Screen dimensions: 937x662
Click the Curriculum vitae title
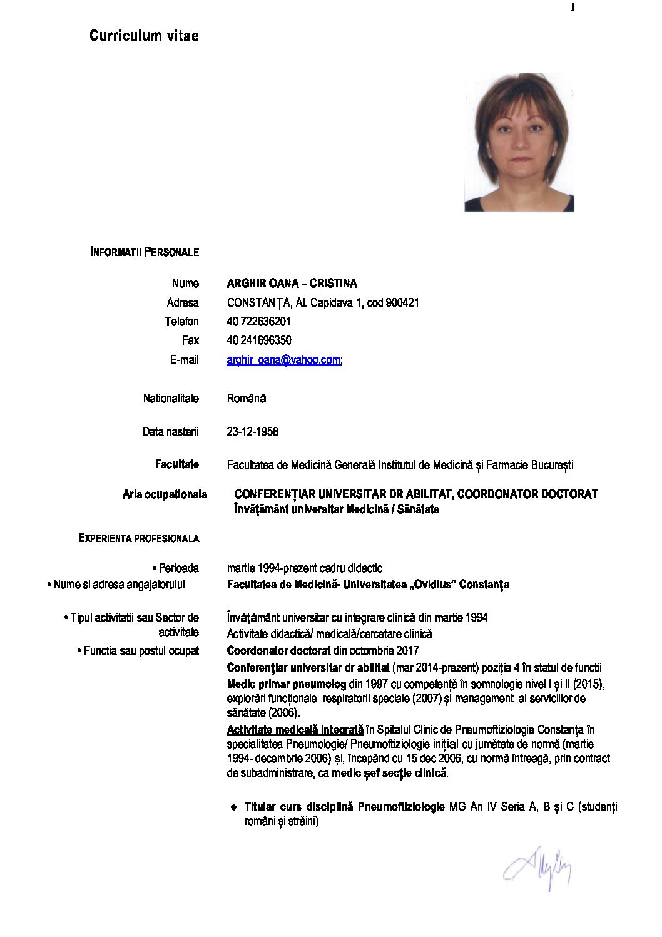[144, 36]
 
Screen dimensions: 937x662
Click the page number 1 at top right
[572, 8]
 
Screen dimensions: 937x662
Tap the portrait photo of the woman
[519, 142]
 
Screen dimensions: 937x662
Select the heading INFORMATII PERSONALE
[145, 252]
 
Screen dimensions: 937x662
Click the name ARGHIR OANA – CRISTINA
[292, 284]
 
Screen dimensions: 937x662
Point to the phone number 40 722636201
[258, 322]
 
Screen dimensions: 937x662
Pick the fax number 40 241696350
[258, 340]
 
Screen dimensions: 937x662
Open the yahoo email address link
[283, 360]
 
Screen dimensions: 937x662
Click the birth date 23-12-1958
[252, 432]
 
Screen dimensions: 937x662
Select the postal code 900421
[402, 303]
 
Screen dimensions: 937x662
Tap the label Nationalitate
[171, 399]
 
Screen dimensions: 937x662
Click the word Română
[247, 399]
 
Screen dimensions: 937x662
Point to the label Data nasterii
[170, 432]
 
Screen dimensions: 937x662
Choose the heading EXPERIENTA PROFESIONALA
[138, 538]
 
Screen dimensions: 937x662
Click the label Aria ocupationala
[165, 494]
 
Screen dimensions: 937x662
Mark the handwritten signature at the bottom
[537, 869]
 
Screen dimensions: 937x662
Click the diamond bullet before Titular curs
[234, 807]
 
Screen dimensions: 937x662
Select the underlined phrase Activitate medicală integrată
[295, 730]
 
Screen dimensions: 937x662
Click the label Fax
[190, 340]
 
